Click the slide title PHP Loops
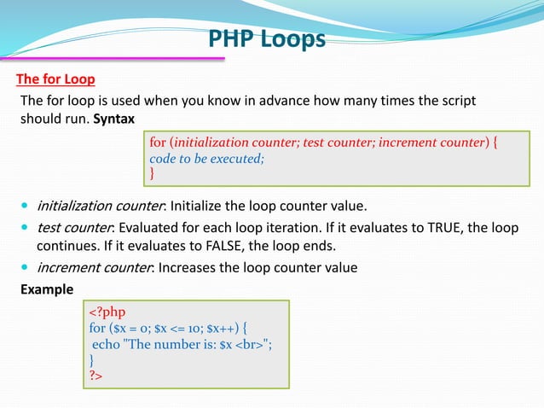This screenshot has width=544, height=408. click(267, 39)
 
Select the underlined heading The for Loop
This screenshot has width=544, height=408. click(55, 80)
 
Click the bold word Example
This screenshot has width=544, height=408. click(47, 289)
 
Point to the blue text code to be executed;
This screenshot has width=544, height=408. click(207, 158)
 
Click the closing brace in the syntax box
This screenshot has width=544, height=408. click(153, 173)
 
